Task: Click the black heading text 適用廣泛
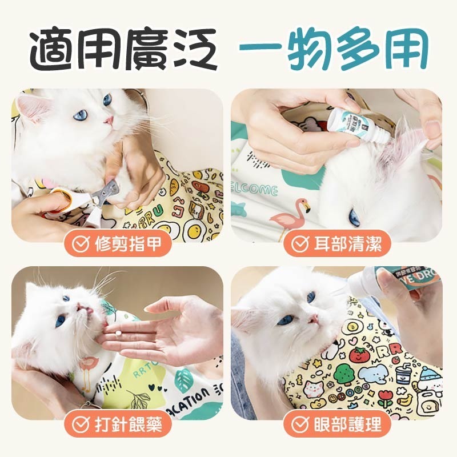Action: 123,50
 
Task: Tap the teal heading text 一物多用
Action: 333,50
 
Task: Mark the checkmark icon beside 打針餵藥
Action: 82,424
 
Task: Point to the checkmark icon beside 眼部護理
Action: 300,424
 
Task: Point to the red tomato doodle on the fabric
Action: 358,354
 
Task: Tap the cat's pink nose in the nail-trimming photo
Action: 108,121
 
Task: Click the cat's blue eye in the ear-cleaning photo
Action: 355,218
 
